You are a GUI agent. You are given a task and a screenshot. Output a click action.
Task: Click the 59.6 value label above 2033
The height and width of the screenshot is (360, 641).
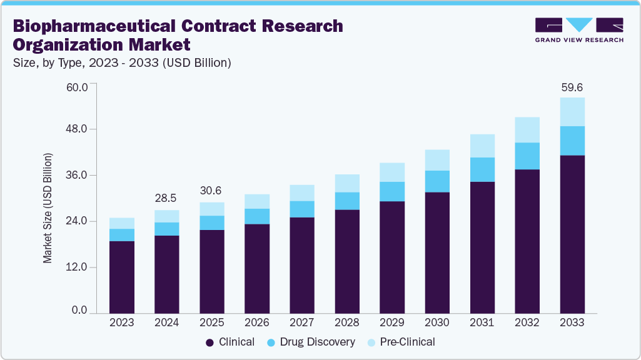pyautogui.click(x=572, y=87)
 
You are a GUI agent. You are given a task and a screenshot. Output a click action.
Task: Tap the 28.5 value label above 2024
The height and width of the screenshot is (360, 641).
pyautogui.click(x=166, y=198)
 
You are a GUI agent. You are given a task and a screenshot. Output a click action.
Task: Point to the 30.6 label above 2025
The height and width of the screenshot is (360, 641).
pyautogui.click(x=211, y=191)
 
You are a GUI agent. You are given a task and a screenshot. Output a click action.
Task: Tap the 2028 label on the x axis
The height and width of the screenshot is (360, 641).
pyautogui.click(x=347, y=322)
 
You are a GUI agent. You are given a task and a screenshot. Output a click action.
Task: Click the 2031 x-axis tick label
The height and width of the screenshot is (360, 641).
pyautogui.click(x=482, y=322)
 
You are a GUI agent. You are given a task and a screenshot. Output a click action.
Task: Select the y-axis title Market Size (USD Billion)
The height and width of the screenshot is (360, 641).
pyautogui.click(x=48, y=207)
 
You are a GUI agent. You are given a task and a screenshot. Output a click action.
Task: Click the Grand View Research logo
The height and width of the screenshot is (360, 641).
pyautogui.click(x=578, y=30)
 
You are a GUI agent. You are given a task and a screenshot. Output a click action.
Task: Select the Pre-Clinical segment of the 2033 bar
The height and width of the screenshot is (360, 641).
pyautogui.click(x=572, y=112)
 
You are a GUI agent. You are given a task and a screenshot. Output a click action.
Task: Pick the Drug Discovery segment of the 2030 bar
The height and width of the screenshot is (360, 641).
pyautogui.click(x=437, y=181)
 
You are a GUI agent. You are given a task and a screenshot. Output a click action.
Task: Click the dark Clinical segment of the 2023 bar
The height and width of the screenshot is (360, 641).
pyautogui.click(x=121, y=276)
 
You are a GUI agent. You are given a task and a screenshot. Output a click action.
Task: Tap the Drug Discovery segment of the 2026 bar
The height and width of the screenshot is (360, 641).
pyautogui.click(x=257, y=216)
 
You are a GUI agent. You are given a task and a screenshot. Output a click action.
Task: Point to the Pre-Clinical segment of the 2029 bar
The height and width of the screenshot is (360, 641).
pyautogui.click(x=392, y=172)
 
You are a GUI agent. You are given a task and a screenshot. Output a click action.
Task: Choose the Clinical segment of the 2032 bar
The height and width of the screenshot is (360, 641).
pyautogui.click(x=527, y=241)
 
